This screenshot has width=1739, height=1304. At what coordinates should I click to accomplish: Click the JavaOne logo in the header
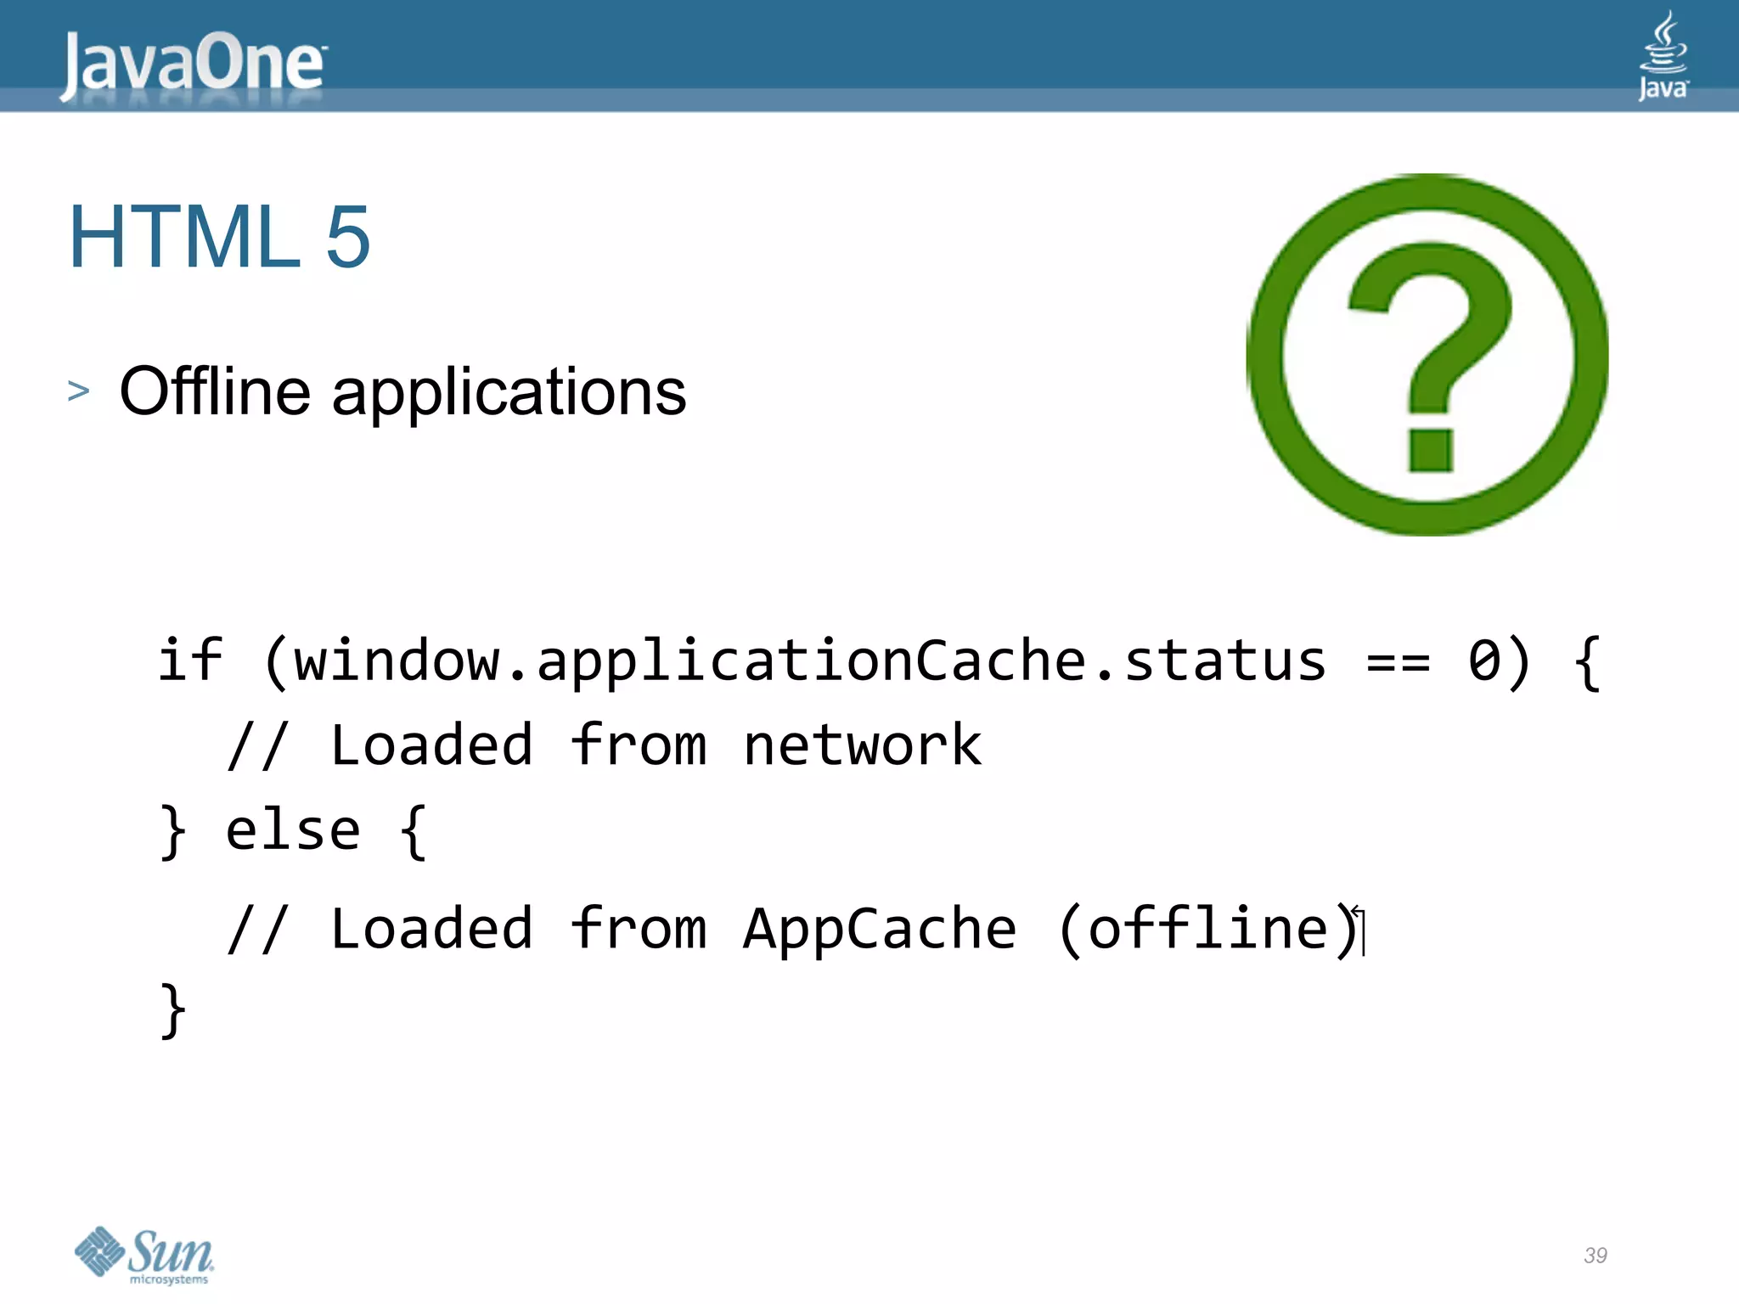click(193, 64)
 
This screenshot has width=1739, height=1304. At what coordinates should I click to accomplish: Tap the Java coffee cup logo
click(1663, 56)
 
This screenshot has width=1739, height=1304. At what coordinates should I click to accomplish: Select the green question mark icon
click(1427, 355)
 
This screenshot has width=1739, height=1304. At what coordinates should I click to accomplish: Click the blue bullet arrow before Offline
click(78, 391)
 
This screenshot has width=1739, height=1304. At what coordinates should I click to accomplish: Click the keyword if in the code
click(190, 660)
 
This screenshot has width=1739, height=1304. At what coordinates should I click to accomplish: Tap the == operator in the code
click(1398, 661)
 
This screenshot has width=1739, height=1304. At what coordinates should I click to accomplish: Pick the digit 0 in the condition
click(1484, 661)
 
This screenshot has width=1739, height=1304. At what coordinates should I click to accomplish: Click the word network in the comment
click(862, 745)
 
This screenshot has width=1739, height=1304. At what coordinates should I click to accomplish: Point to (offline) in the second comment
click(1209, 929)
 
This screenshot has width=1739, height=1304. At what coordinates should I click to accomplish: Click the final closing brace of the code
click(173, 1010)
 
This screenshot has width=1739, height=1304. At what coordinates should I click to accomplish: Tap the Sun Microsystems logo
click(144, 1255)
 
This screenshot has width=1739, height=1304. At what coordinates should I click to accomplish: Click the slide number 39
click(1595, 1256)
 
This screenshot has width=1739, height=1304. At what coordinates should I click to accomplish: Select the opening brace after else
click(413, 832)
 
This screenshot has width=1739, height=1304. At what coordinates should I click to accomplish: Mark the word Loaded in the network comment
click(431, 745)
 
